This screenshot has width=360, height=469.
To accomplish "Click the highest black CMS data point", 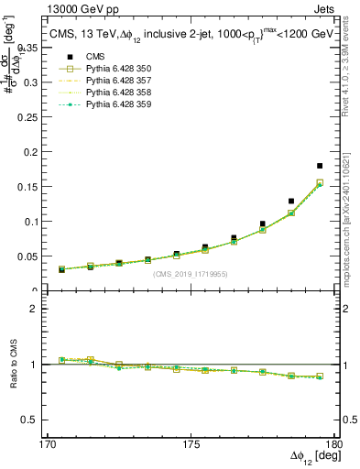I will pyautogui.click(x=320, y=166).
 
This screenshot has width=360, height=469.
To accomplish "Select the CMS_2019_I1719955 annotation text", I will pyautogui.click(x=190, y=272).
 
